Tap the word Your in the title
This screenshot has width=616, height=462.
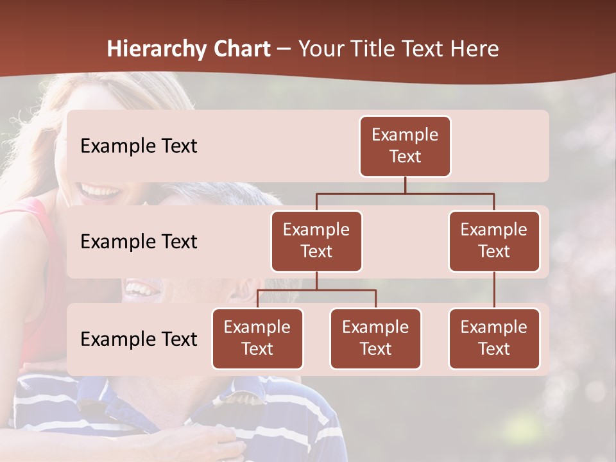[x=323, y=49]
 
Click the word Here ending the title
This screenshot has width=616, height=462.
[x=472, y=49]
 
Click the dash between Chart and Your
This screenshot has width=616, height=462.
[x=284, y=49]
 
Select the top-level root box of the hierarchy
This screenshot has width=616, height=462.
[x=405, y=146]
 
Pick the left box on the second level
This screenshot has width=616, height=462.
[x=316, y=241]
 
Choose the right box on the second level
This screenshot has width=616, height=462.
[x=494, y=241]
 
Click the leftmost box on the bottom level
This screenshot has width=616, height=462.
[x=257, y=338]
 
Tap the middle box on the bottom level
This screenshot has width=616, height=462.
[x=375, y=338]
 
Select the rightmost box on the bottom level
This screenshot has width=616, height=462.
[x=494, y=338]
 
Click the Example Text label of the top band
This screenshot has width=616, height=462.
[x=139, y=146]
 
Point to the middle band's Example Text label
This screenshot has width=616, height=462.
[x=139, y=242]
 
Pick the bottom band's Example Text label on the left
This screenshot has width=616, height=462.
[x=139, y=339]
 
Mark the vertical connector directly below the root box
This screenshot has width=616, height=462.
[x=405, y=185]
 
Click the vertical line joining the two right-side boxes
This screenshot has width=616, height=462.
[x=494, y=290]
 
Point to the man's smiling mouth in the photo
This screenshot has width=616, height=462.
[x=142, y=288]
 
